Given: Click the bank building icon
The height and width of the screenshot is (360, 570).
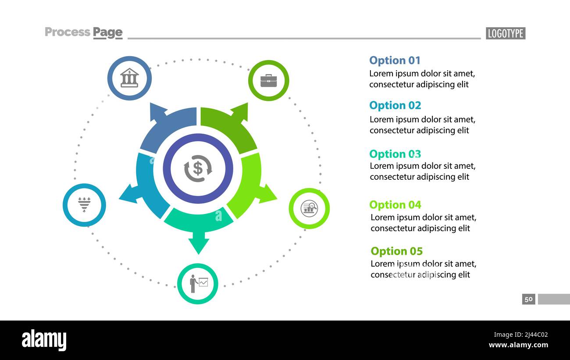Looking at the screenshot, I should click(x=129, y=78).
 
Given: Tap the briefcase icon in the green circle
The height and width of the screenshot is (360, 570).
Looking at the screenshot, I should click(x=268, y=81).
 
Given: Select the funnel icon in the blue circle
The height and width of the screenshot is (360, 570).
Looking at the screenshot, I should click(x=84, y=205).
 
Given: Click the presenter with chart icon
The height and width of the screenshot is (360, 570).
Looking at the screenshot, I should click(x=198, y=283).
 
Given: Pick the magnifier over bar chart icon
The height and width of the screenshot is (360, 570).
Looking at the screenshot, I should click(x=309, y=208).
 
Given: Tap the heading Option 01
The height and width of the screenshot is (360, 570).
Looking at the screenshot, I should click(x=395, y=61).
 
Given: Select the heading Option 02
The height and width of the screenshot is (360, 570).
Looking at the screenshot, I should click(x=395, y=105).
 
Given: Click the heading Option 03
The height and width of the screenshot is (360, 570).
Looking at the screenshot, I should click(x=395, y=154).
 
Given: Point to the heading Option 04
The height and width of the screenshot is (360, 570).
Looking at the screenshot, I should click(x=395, y=205).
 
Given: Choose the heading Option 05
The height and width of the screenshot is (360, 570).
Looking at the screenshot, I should click(x=396, y=251).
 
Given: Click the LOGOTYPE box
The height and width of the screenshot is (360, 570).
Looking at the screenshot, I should click(x=505, y=33).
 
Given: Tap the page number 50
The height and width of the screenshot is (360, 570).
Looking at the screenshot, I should click(x=528, y=299).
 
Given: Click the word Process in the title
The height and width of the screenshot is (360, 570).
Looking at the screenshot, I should click(x=68, y=32).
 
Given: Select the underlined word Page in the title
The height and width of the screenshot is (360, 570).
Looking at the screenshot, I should click(x=108, y=32).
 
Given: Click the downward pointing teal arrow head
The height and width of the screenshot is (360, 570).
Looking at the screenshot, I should click(x=199, y=246).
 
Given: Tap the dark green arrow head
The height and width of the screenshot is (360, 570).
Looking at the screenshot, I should click(x=240, y=111).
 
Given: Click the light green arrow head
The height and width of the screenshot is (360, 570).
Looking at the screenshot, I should click(x=267, y=194).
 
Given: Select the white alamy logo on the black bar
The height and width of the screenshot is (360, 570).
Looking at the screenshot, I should click(x=44, y=340).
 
